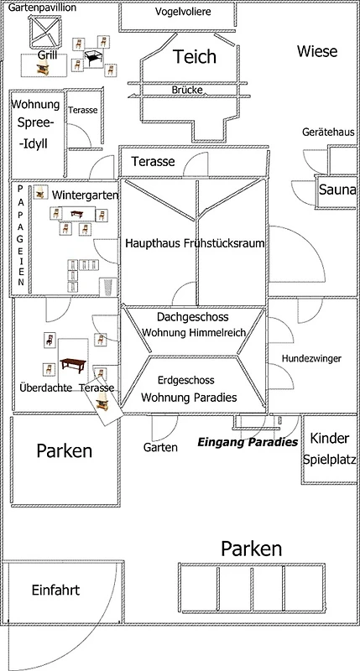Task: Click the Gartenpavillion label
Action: (x=43, y=8)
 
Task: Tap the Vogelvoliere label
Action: (x=183, y=12)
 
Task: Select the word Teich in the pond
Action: (x=195, y=56)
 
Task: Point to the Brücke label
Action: (x=187, y=91)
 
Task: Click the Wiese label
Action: (x=317, y=52)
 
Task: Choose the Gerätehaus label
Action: (x=329, y=132)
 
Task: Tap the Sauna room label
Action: (x=337, y=190)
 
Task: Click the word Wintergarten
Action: (x=86, y=195)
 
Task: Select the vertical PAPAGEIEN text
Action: (x=20, y=236)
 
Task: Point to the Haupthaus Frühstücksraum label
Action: (x=195, y=243)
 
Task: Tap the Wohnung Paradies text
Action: (x=189, y=398)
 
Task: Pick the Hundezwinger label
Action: (x=311, y=359)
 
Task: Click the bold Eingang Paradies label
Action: (x=248, y=443)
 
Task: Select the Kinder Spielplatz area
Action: (x=330, y=449)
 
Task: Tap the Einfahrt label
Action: (x=55, y=590)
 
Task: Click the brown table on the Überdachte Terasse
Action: (x=73, y=365)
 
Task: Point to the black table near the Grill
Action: (x=94, y=57)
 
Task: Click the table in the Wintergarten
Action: (x=77, y=213)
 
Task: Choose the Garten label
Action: (x=160, y=448)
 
